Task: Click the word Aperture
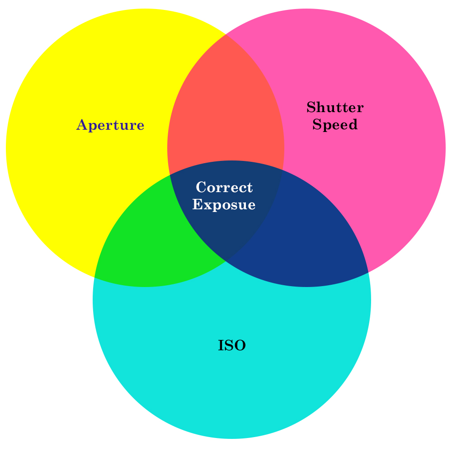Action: point(110,125)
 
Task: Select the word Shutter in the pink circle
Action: point(334,108)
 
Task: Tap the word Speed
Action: point(334,125)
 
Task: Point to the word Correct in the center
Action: point(224,187)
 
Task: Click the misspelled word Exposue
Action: point(224,205)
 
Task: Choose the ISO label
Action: point(231,346)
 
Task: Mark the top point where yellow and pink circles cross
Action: point(226,34)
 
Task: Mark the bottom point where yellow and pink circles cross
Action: point(226,261)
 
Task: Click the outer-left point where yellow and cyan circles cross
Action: point(95,277)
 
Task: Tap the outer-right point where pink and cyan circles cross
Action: point(368,273)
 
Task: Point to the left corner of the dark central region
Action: point(169,175)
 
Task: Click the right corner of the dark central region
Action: point(282,170)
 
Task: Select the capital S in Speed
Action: point(317,124)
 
